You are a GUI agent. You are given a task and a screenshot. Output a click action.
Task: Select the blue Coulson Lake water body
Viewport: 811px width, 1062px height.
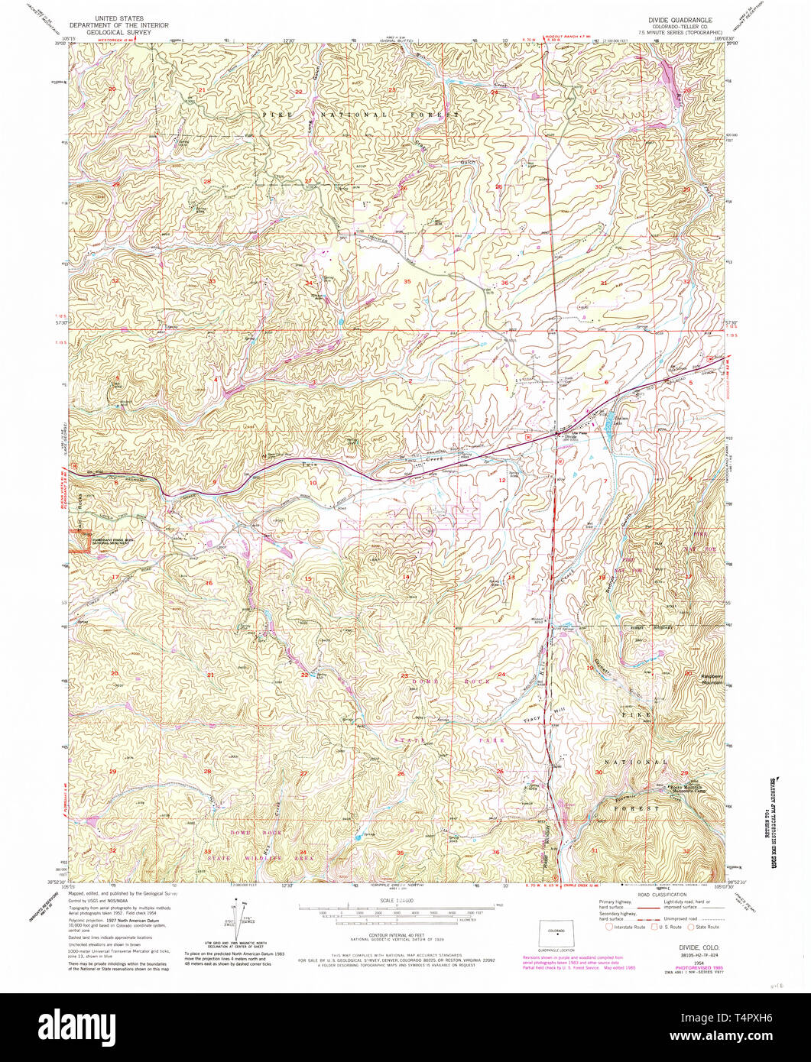click(608, 419)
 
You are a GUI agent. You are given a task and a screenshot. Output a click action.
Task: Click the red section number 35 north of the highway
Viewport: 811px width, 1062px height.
click(407, 282)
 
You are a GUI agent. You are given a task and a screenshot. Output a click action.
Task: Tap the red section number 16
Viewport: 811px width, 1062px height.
click(209, 583)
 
